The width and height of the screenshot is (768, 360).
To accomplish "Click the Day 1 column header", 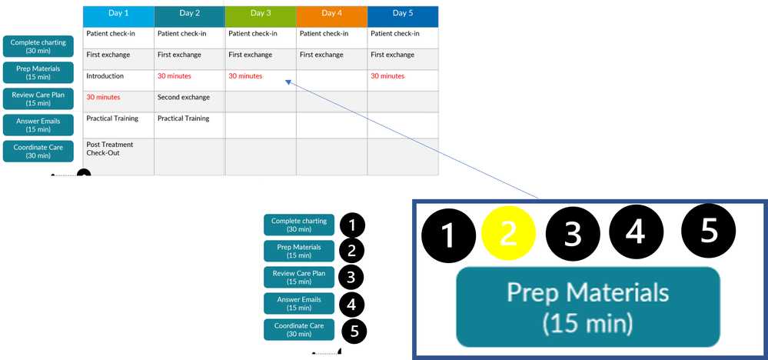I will (x=118, y=14).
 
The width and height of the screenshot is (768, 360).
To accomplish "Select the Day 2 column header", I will (x=189, y=14).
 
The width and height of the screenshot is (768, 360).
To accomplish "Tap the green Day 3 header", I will (x=261, y=14).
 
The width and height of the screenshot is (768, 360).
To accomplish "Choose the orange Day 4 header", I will (x=331, y=14).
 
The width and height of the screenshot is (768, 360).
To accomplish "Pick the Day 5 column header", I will (x=403, y=14).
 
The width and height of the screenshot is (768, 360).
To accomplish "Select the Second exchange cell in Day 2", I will (x=183, y=98).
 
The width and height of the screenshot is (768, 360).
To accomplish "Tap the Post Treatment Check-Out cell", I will (x=109, y=148).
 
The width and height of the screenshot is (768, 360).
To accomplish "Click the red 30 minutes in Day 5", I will (x=387, y=76).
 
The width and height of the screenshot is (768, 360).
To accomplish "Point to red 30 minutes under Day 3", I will (x=245, y=76).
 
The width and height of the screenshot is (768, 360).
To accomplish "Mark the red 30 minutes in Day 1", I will (x=103, y=98).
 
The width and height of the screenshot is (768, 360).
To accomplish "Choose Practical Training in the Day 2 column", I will (x=183, y=118).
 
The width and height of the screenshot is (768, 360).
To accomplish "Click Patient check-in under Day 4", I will (x=324, y=34).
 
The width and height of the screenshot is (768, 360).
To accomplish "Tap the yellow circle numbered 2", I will (x=508, y=234).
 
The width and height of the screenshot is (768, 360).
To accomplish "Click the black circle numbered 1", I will (x=448, y=234).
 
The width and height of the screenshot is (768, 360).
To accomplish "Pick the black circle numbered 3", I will (x=572, y=234).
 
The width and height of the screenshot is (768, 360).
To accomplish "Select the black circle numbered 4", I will (x=635, y=232).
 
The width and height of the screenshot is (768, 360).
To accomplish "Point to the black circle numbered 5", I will (x=709, y=229).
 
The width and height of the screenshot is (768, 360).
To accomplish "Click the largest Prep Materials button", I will (x=587, y=306).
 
